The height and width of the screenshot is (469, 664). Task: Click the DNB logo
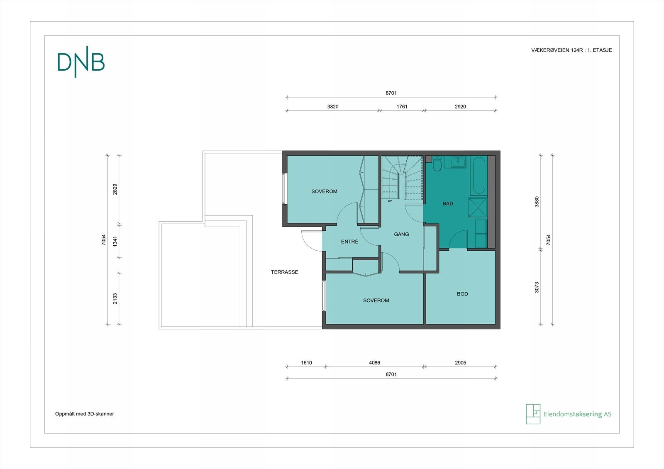(x=81, y=62)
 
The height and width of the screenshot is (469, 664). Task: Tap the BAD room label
(x=448, y=204)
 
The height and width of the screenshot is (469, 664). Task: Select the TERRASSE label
(x=284, y=272)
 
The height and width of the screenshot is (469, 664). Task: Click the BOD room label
(x=462, y=294)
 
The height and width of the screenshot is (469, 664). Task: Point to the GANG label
(x=401, y=234)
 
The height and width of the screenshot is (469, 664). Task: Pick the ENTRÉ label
(x=349, y=242)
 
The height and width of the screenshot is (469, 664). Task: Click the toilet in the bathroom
(x=437, y=164)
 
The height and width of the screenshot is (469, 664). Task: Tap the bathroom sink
(x=459, y=162)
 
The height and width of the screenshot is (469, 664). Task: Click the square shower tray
(x=478, y=208)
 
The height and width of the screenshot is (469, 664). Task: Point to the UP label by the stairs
(x=390, y=201)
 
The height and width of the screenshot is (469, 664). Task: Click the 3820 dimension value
(x=332, y=107)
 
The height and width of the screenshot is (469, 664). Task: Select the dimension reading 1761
(x=402, y=107)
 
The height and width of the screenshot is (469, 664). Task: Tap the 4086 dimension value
(x=374, y=363)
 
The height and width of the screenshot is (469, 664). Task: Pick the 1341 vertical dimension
(x=115, y=241)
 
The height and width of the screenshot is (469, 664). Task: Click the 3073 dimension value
(x=537, y=287)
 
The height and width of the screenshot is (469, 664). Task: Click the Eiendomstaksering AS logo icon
(x=533, y=414)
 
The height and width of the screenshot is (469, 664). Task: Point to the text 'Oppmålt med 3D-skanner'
(x=85, y=414)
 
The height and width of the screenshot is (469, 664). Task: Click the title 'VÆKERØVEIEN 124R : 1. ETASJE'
(x=571, y=50)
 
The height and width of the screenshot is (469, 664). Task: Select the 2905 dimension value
(x=460, y=363)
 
